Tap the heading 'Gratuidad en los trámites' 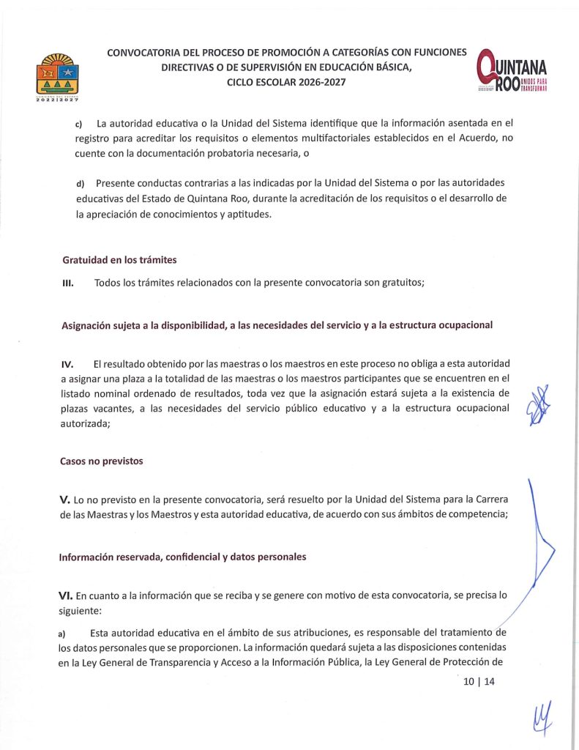coord(119,259)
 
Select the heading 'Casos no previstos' coord(102,461)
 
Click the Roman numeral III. coord(66,284)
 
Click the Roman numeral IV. coord(67,364)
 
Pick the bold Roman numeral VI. coord(68,595)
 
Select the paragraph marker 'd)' coord(80,182)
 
